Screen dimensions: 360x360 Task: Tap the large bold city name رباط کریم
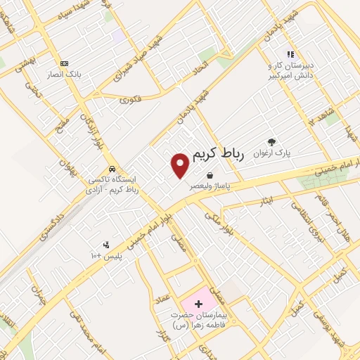click(215, 154)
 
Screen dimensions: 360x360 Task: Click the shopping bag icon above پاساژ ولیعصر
click(210, 175)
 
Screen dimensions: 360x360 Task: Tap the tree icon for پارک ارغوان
click(271, 141)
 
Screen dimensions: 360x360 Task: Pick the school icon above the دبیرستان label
click(289, 54)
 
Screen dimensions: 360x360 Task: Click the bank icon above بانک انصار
click(65, 63)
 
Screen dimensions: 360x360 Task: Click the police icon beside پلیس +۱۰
click(106, 245)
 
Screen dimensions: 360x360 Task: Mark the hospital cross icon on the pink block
click(199, 304)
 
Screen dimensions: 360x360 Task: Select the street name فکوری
click(131, 99)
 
